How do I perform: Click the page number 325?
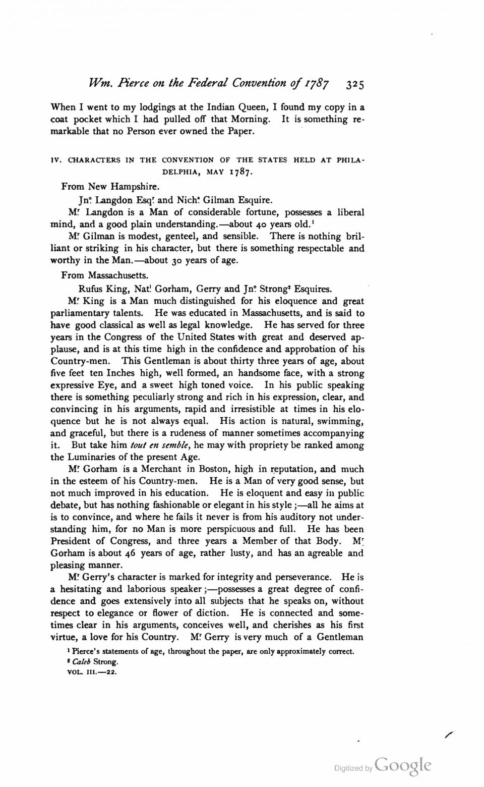pyautogui.click(x=355, y=83)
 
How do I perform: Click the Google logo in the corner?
pyautogui.click(x=403, y=766)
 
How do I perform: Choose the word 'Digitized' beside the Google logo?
pyautogui.click(x=349, y=768)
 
